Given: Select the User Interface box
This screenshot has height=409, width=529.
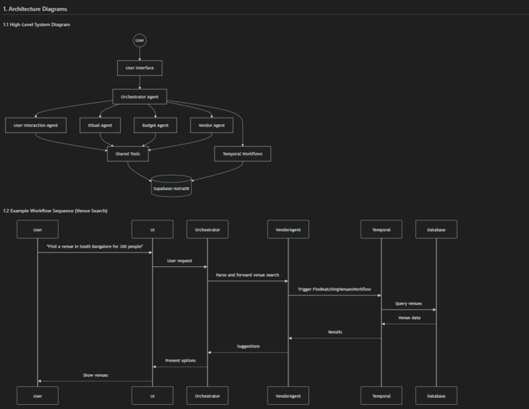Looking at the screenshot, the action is point(140,68).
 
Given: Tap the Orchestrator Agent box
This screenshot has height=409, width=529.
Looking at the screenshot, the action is point(140,97).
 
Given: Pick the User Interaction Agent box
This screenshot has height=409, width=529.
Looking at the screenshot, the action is point(36,125).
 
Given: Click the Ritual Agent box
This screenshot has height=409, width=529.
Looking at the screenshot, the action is point(100,125).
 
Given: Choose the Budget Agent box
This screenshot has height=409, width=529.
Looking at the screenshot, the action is point(155,125).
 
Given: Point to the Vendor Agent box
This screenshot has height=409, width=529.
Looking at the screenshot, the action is point(211,125).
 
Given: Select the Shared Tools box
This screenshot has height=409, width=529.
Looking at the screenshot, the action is point(128,153).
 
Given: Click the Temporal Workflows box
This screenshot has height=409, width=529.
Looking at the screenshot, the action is point(243,153).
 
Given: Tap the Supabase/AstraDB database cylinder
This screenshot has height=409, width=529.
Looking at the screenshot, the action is point(171,186).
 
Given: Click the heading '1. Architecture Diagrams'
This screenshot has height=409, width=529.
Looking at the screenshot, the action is point(35,9).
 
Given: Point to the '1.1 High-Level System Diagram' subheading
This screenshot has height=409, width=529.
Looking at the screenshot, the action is point(36,24).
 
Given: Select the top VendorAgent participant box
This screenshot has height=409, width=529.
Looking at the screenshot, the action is point(288,229).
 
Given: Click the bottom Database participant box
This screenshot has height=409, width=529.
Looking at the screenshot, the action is point(437,395).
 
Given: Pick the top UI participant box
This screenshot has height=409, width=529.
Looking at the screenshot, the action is point(153,229).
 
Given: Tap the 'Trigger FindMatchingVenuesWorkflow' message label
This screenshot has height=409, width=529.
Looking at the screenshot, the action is point(334,289).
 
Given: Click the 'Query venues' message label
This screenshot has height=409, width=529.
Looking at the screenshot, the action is point(408,303).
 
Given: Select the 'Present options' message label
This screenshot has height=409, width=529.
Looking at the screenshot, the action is point(180,360).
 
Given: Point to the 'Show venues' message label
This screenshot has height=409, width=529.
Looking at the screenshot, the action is point(96,375).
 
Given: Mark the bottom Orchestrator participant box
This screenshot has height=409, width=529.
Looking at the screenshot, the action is point(208,395).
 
